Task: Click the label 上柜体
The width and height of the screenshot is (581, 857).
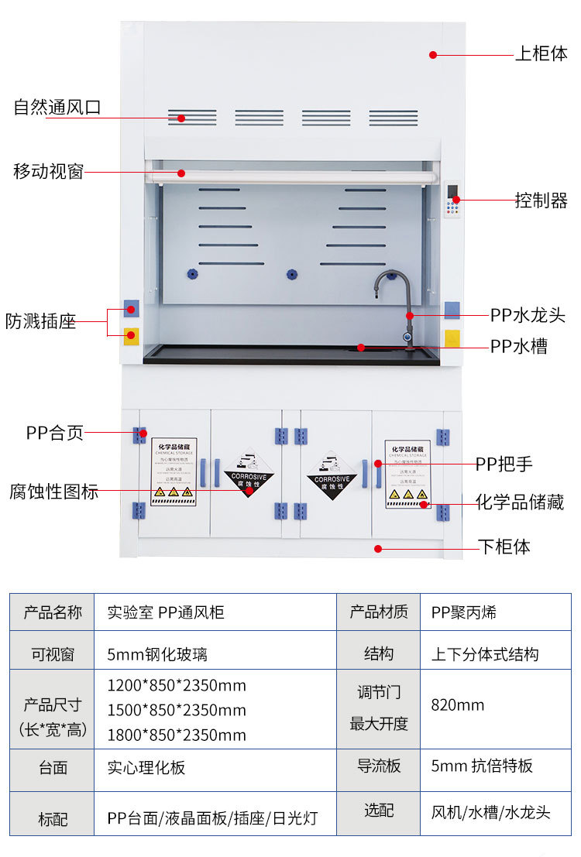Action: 541,54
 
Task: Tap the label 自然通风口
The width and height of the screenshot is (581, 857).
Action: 57,108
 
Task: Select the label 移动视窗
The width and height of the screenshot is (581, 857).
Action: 48,171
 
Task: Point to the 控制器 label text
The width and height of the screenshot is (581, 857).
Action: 541,200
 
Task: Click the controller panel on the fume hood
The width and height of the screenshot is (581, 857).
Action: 454,201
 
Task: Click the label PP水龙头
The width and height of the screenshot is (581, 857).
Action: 528,315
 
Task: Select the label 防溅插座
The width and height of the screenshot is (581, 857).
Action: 41,321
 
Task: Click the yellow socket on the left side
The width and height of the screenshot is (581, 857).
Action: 131,337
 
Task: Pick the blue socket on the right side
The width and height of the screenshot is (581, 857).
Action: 452,310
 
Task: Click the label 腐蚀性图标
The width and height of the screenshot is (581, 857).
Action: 53,491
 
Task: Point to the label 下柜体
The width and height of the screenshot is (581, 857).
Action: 504,547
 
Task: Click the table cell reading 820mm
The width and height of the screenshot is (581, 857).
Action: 458,705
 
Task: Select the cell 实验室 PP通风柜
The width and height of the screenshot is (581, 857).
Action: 166,612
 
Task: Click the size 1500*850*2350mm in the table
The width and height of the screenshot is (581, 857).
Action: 177,710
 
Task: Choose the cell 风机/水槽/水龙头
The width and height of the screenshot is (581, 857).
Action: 490,812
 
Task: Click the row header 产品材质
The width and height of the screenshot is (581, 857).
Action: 379,612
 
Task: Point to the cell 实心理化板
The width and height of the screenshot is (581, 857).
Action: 146,767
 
